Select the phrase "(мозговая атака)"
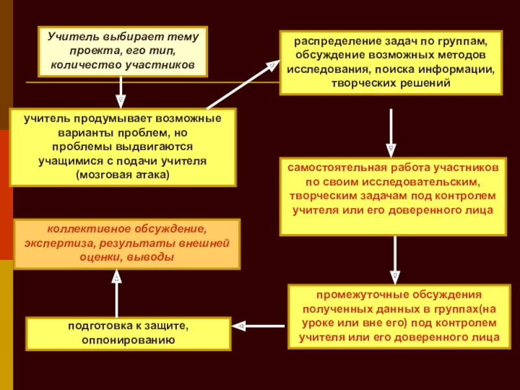pyautogui.click(x=122, y=175)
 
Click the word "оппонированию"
pyautogui.click(x=128, y=340)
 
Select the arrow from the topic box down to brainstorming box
pyautogui.click(x=121, y=92)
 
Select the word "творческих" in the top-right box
pyautogui.click(x=359, y=83)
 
